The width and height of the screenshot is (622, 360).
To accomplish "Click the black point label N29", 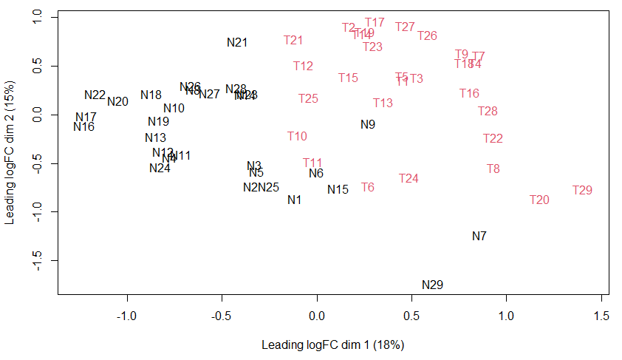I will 432,285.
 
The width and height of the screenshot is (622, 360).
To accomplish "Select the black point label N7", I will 479,237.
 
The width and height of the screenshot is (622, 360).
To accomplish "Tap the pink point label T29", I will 582,191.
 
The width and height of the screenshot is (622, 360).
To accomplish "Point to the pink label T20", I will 539,200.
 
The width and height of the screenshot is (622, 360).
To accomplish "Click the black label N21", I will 237,42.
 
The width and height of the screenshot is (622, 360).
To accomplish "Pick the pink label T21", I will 293,41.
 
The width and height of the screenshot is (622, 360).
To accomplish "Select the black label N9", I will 368,125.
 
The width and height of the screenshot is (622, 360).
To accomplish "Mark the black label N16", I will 84,127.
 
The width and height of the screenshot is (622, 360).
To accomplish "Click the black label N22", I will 95,95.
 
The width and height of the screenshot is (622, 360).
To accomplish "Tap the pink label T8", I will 493,169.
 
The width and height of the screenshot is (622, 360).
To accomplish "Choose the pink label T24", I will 409,179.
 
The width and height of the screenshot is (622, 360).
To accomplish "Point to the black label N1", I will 295,200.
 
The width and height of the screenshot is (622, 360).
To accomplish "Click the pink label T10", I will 297,137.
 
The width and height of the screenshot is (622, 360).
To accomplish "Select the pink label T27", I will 405,27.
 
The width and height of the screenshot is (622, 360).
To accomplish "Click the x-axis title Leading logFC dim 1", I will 332,344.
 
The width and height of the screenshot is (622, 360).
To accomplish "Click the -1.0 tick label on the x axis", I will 128,316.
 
